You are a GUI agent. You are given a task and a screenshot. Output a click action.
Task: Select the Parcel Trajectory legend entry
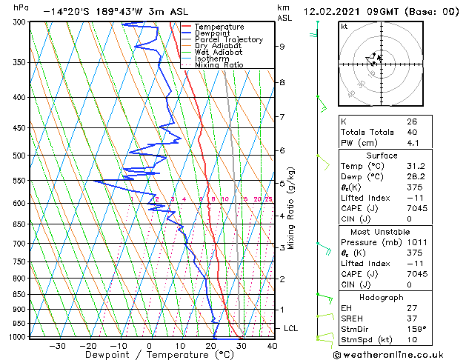(x=228, y=39)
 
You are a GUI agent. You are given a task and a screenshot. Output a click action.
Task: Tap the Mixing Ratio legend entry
(x=219, y=65)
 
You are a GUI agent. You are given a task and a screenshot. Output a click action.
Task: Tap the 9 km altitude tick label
(x=282, y=46)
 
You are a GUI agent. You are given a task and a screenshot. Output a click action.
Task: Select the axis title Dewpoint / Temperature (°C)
(x=147, y=355)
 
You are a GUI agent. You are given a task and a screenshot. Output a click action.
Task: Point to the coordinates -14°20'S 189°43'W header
(x=99, y=12)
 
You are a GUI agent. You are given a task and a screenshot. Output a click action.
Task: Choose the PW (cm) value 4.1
(x=413, y=143)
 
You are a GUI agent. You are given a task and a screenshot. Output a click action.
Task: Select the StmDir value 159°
(x=416, y=329)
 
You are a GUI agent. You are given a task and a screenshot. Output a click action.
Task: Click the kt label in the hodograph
(x=344, y=27)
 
